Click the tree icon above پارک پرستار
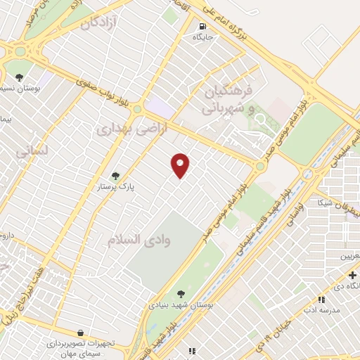116,176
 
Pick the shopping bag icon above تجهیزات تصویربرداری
82,332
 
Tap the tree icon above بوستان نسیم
18,77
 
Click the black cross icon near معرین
352,274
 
